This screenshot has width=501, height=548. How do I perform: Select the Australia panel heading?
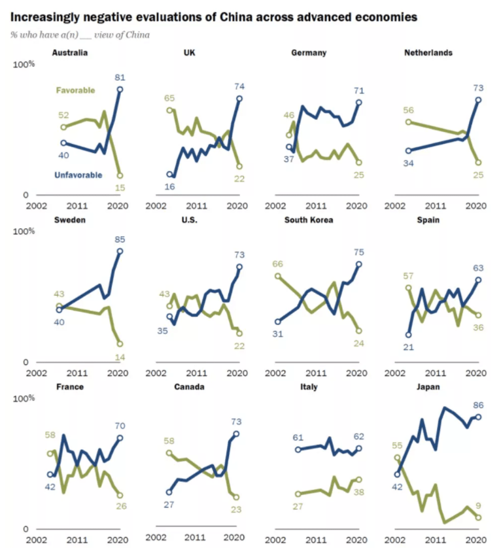point(70,53)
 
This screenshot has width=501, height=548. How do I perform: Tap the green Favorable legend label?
point(76,90)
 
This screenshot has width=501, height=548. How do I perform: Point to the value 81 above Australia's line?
point(120,77)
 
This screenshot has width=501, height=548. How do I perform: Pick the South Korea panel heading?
point(309,220)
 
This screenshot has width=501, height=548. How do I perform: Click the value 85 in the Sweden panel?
point(119,239)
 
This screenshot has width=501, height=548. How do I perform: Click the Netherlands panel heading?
point(428,53)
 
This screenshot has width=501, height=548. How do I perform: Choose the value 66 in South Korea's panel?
point(277,264)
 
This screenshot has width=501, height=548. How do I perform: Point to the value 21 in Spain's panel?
point(409,347)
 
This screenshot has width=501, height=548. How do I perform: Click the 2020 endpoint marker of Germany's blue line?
point(358,103)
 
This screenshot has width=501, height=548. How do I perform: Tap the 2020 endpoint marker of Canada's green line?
point(236,497)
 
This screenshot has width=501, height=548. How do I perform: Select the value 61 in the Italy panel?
point(298,437)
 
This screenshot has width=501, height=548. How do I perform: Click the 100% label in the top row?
point(24,64)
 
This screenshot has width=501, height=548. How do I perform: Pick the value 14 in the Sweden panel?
point(119,356)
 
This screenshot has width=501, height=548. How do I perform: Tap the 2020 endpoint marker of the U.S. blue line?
point(239,267)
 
